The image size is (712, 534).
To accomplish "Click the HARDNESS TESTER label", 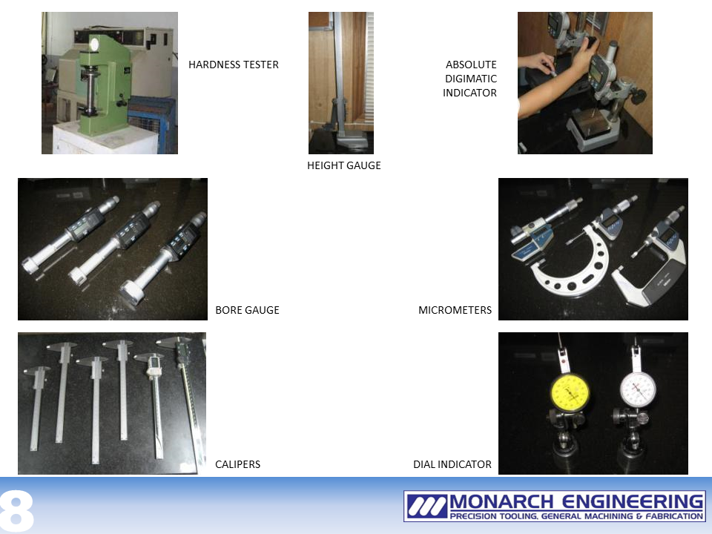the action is (234, 65).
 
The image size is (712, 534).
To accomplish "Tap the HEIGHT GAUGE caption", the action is (343, 165).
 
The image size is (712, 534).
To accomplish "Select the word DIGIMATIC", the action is (471, 79).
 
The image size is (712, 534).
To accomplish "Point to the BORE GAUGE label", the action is (247, 310).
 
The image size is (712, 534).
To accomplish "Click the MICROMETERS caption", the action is (455, 310).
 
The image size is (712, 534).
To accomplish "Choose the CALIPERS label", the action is (237, 464).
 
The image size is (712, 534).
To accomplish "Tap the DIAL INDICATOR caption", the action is (452, 464).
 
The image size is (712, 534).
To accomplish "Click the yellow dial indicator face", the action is (570, 393).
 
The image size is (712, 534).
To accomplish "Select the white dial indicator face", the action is (638, 389).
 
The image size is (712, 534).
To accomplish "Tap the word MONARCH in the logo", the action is (501, 502).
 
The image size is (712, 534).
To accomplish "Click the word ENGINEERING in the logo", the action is (633, 502).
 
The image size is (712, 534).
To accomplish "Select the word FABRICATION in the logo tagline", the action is (674, 516).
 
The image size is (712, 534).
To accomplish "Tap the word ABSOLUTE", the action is (471, 65).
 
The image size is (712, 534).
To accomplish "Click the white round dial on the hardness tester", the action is (94, 44).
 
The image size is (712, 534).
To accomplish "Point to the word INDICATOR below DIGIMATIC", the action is (469, 93).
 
